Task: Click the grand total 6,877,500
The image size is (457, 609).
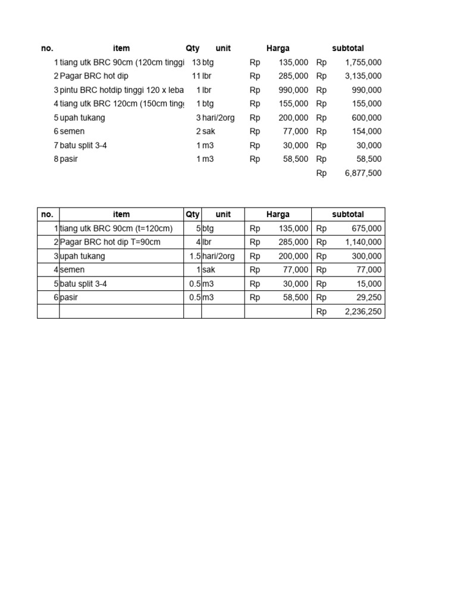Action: coord(363,173)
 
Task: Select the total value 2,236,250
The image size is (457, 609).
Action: coord(363,311)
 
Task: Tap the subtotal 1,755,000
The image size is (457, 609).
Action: coord(363,62)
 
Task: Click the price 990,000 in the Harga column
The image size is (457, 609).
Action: coord(293,90)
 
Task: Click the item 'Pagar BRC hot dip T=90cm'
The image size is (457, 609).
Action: coord(110,242)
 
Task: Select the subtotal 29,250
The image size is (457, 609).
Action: coord(369,297)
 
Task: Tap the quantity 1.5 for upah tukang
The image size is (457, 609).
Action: coord(194,256)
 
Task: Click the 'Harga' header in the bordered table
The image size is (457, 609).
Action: coord(278,214)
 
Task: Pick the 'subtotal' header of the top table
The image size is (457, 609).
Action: coord(348,48)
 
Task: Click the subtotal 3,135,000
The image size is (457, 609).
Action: coord(363,76)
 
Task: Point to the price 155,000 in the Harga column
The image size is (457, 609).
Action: coord(293,104)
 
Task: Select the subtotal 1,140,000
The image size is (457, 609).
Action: coord(363,242)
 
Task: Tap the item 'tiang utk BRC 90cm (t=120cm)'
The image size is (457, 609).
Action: coord(116,228)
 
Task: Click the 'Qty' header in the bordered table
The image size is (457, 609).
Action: coord(192,214)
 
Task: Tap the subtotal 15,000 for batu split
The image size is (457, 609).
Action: coord(369,284)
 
